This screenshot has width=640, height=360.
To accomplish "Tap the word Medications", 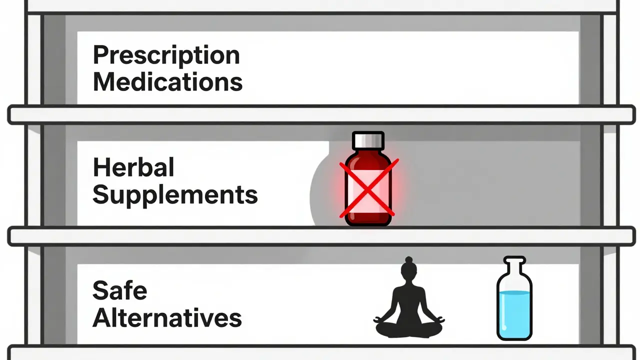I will (168, 82).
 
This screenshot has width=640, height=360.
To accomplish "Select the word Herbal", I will (133, 168).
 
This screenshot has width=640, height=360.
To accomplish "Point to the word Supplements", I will (175, 195).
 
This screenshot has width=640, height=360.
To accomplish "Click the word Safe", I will (120, 290).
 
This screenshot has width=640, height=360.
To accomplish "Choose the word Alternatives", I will (167, 318).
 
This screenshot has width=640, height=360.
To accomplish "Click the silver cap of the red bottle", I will (368, 140).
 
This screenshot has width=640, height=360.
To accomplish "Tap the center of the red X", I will (368, 188).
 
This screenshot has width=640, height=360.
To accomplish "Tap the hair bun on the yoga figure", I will (409, 260).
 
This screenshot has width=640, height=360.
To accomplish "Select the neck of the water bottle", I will (514, 270).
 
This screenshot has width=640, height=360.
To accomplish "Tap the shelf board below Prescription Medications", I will (320, 114).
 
